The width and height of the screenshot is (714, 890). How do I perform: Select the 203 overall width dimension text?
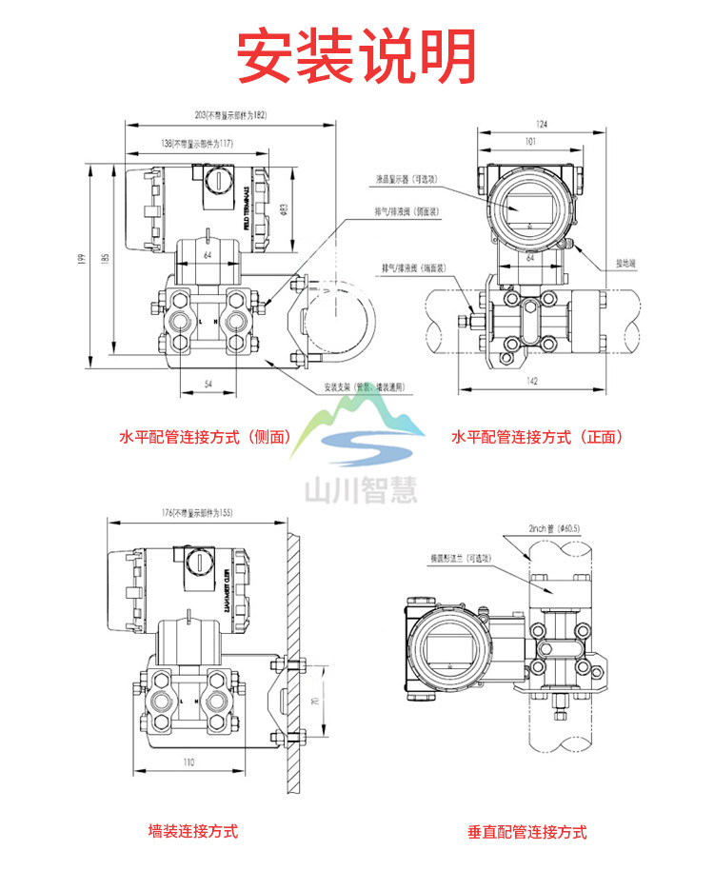click(x=230, y=115)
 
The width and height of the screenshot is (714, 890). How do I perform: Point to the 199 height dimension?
click(x=84, y=258)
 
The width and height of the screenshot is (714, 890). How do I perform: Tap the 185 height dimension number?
click(x=105, y=256)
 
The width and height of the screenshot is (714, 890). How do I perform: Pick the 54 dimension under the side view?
click(x=208, y=382)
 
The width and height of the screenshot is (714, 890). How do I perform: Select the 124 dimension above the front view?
click(x=542, y=124)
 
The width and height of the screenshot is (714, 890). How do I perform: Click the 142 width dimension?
click(x=531, y=381)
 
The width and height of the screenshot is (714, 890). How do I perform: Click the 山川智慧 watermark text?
click(x=360, y=488)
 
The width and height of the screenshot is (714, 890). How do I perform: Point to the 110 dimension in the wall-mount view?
click(x=188, y=762)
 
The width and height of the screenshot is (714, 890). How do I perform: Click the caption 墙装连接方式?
click(x=193, y=831)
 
